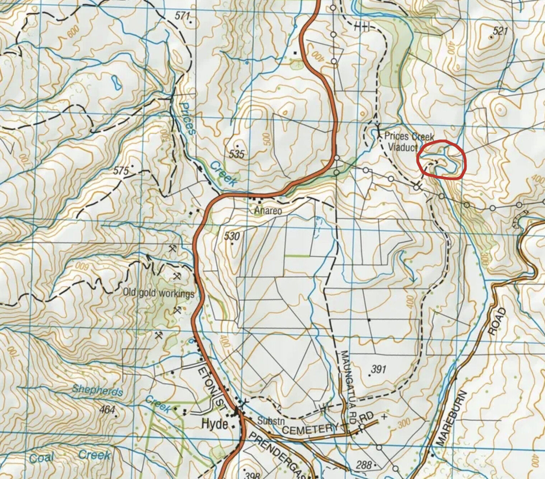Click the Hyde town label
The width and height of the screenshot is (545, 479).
click(x=215, y=424)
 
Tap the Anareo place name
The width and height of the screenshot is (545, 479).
click(x=268, y=210)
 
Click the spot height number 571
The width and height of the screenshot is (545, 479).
click(x=182, y=15)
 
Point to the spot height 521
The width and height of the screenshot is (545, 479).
click(x=500, y=31)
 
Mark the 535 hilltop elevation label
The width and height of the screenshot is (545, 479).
click(x=237, y=154)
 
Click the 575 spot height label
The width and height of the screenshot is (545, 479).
click(x=121, y=171)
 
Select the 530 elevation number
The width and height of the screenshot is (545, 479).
click(x=232, y=236)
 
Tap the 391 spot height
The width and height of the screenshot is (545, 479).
click(x=378, y=369)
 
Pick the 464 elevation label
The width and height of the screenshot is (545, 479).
click(x=107, y=410)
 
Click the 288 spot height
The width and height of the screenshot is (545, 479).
click(x=363, y=465)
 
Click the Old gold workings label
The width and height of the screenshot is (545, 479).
click(x=159, y=293)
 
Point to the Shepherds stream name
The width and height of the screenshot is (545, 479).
click(x=97, y=390)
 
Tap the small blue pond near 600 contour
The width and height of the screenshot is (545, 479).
click(x=115, y=83)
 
